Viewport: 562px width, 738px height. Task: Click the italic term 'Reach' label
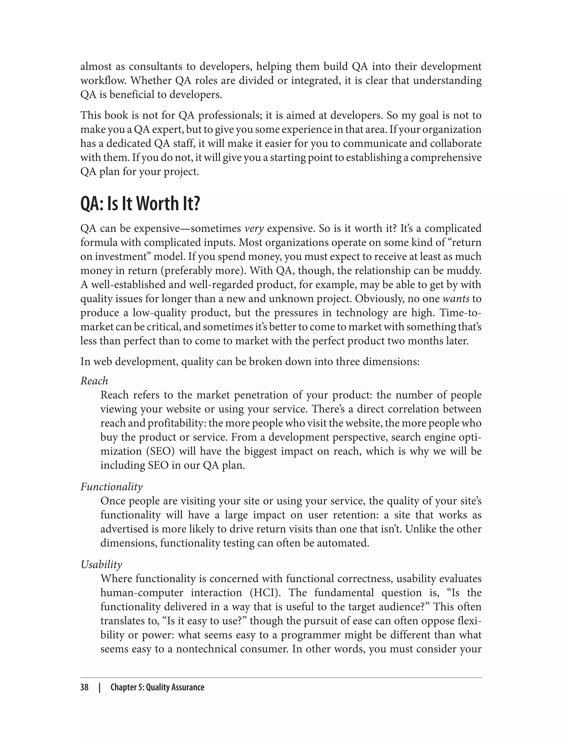coord(94,381)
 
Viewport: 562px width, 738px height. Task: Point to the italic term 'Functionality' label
coord(111,487)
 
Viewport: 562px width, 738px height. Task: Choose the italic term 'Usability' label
coord(101,564)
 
